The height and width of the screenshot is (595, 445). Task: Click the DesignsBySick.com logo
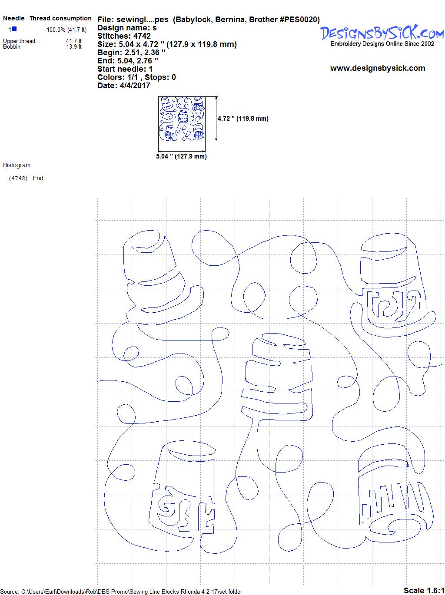382,36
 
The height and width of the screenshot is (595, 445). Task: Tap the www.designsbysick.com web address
378,68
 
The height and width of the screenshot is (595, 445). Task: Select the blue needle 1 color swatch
14,29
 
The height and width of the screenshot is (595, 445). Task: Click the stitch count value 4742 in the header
142,36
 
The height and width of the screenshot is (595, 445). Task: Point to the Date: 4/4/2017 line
124,86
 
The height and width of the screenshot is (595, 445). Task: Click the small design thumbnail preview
182,119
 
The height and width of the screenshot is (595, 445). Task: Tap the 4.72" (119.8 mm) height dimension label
243,119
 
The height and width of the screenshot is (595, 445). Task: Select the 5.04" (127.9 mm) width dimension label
181,156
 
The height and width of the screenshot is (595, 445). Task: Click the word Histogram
17,165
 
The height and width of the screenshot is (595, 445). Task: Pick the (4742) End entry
26,178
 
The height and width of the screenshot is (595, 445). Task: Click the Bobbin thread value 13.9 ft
73,46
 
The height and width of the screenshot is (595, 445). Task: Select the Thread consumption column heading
60,18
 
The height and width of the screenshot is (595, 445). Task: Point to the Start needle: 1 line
125,69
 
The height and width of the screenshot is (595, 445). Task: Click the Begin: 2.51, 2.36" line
131,52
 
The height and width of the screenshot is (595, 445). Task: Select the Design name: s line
127,28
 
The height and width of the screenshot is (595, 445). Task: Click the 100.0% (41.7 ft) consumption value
66,30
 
